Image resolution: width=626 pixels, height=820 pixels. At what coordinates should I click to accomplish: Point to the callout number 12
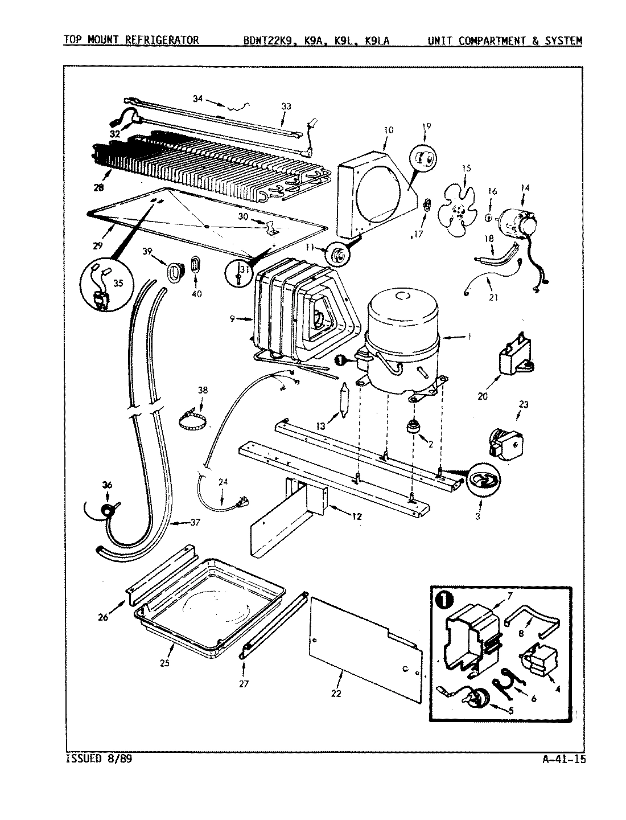pyautogui.click(x=356, y=517)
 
